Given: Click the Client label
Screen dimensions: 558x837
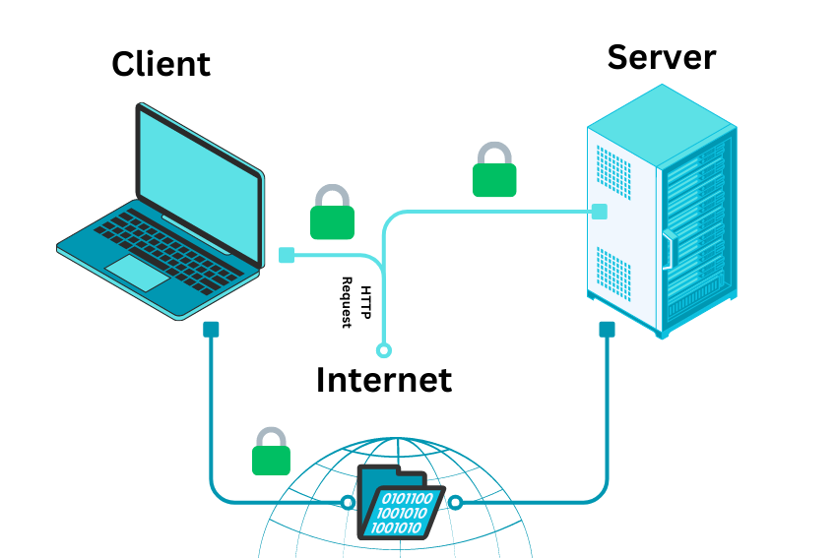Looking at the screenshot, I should [x=161, y=64].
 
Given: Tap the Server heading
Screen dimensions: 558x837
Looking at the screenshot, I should [x=661, y=56].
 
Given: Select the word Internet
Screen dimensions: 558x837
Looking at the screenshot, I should [x=384, y=379].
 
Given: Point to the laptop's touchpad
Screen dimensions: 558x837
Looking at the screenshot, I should [x=138, y=272].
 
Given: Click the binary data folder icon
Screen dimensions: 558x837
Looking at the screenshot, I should [x=399, y=503].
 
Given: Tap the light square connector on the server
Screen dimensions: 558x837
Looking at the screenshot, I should [x=599, y=211].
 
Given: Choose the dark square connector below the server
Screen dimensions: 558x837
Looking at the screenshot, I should [x=607, y=330].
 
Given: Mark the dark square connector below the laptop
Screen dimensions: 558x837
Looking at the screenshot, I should [x=211, y=330].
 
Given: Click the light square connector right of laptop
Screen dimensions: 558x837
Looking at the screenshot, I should [x=287, y=255].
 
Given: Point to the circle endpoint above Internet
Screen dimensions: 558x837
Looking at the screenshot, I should [x=384, y=349].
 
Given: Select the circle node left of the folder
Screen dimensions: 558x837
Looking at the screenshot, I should [x=347, y=503].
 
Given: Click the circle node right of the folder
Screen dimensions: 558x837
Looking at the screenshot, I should [x=455, y=503].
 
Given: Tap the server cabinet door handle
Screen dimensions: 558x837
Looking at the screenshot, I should [x=667, y=248].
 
